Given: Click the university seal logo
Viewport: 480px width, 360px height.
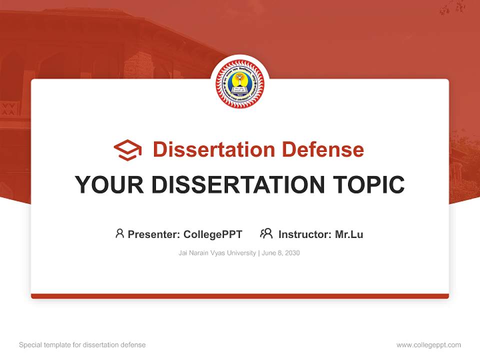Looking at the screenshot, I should click(240, 84).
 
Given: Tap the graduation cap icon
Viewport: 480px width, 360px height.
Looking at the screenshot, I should click(127, 150).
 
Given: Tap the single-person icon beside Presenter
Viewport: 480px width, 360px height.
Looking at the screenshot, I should click(119, 233).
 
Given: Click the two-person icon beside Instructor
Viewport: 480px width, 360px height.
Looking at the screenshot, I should click(266, 233).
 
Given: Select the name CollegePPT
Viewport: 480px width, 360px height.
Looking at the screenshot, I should click(213, 234).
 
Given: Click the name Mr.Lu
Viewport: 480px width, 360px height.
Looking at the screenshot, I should click(349, 234).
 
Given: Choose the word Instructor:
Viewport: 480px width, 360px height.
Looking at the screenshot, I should click(305, 234).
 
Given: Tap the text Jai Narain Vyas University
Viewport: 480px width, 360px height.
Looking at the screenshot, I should click(217, 253).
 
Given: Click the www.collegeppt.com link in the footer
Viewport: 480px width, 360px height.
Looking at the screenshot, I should click(428, 345).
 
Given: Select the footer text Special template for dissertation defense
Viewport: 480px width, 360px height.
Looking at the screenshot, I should click(82, 345).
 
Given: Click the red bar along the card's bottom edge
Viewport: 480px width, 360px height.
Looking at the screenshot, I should click(240, 296).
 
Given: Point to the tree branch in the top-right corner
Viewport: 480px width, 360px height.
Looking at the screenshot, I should click(452, 7).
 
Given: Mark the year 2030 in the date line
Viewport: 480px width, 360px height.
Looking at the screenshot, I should click(292, 253).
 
